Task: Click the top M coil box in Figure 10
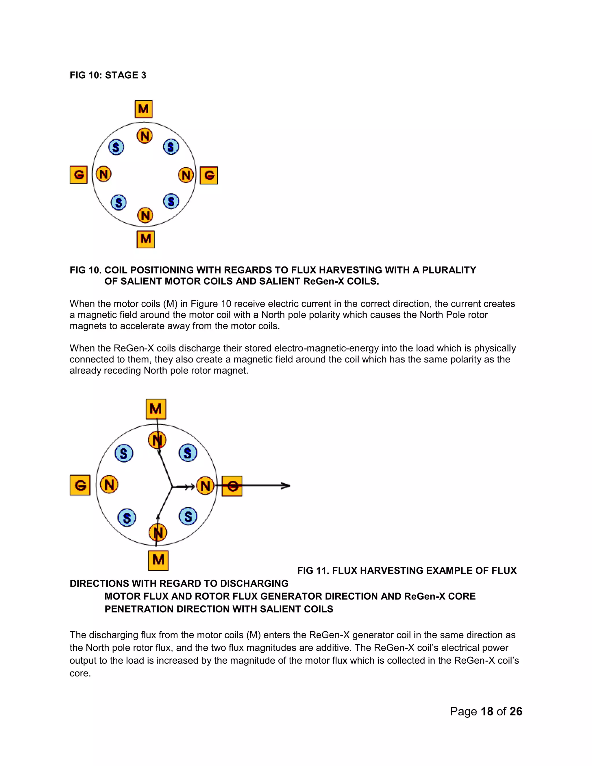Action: point(143,109)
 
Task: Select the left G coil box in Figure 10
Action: point(79,175)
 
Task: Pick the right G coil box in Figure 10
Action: point(209,175)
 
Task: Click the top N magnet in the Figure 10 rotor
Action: point(145,136)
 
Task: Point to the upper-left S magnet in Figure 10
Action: point(116,147)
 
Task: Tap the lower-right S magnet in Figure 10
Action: point(171,201)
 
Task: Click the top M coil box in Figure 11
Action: point(156,409)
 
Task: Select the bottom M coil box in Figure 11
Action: point(158,560)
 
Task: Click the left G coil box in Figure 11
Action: point(80,485)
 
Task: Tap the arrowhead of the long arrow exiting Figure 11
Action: point(287,486)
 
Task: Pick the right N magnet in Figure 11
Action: point(205,486)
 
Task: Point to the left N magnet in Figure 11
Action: point(109,485)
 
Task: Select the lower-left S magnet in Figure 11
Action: point(127,518)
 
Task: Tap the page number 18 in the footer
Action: point(487,711)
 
